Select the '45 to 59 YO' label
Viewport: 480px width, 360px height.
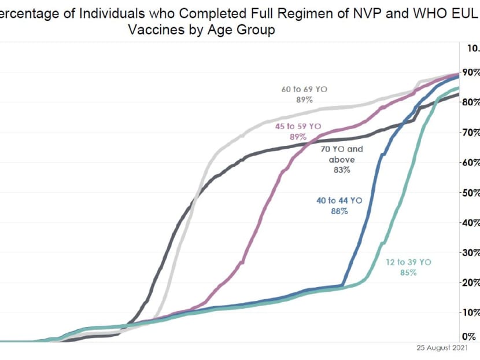click(x=297, y=126)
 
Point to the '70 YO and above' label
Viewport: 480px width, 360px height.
click(x=342, y=154)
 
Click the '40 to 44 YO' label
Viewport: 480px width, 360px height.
click(x=339, y=200)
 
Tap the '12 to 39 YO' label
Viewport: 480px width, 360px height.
click(x=408, y=262)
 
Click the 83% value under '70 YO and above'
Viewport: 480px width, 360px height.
click(x=341, y=170)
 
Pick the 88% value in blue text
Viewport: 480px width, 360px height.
click(x=339, y=211)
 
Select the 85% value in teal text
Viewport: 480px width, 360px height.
click(x=408, y=273)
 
